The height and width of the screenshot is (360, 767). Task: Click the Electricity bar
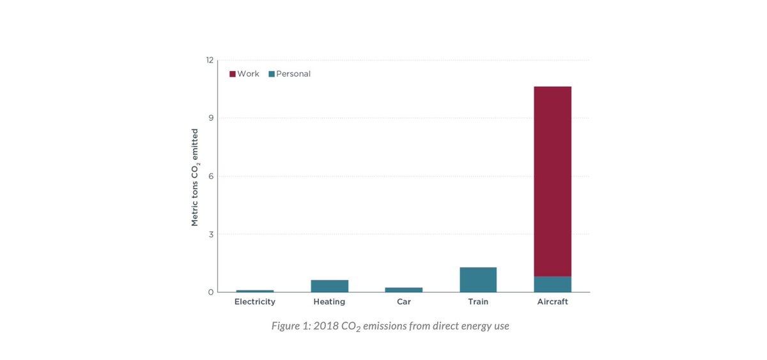click(x=255, y=291)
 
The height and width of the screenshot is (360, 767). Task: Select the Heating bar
click(x=329, y=286)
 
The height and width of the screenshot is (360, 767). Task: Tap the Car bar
click(x=404, y=290)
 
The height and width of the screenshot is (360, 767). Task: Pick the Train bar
click(x=478, y=279)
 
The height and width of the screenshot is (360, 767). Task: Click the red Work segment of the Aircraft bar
click(x=552, y=181)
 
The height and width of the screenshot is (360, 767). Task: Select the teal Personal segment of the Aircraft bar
click(x=552, y=284)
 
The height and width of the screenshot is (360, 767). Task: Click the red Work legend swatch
click(x=233, y=74)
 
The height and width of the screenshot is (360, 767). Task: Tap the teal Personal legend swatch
click(x=272, y=74)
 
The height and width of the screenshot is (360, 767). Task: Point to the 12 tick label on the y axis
click(x=210, y=60)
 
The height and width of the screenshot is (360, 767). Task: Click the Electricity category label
click(x=255, y=302)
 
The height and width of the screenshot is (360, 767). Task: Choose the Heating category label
click(x=329, y=302)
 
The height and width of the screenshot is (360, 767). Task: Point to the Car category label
click(x=404, y=302)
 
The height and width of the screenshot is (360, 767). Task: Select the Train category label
click(x=478, y=302)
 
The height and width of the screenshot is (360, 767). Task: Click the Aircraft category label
click(x=552, y=302)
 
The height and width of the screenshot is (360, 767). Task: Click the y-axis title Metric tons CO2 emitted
click(x=195, y=177)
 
